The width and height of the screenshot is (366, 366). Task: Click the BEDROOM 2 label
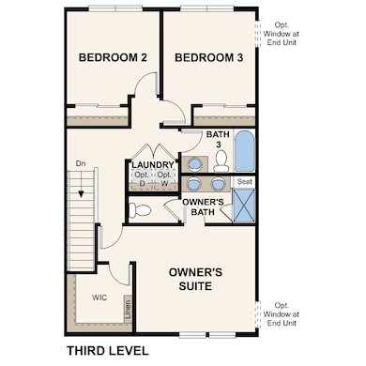point(113,57)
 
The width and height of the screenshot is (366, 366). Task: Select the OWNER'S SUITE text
point(196,281)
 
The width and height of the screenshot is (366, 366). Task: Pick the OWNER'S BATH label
point(203,207)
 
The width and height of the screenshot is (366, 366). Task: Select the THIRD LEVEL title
point(107,351)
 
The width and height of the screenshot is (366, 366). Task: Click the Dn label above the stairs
point(81,165)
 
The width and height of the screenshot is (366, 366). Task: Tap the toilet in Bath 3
point(220,162)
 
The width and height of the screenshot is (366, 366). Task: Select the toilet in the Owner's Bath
point(139,210)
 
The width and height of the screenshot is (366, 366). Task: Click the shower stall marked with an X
point(244,204)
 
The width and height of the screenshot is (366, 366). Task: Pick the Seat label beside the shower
point(244,180)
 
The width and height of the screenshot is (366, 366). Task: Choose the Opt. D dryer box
point(143,179)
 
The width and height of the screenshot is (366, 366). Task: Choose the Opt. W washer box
point(164,179)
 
